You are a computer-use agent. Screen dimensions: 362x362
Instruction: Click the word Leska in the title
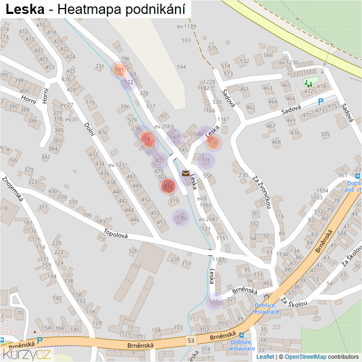pos(25,9)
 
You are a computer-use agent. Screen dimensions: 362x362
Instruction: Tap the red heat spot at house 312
pos(168,186)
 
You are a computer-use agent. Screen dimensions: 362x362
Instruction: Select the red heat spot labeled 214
pos(146,139)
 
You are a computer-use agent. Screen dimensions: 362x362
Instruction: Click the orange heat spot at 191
pos(119,70)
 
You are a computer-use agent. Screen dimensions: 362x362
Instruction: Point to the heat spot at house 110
pos(213,142)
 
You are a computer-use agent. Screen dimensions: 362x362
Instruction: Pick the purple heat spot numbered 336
pos(180,217)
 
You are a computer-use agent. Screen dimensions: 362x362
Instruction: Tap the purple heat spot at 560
pos(214,301)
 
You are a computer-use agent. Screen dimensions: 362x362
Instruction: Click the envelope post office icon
pos(185,174)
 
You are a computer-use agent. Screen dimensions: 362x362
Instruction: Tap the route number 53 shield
pos(191,341)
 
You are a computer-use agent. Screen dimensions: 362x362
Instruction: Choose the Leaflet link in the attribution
pos(265,357)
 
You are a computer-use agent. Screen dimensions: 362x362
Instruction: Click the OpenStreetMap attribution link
pos(305,357)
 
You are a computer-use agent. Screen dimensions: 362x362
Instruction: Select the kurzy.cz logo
pos(27,353)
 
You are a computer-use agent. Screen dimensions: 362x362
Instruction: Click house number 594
pos(181,67)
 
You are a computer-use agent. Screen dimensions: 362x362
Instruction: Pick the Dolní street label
pos(89,129)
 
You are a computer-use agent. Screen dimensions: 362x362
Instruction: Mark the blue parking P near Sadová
pos(321,101)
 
